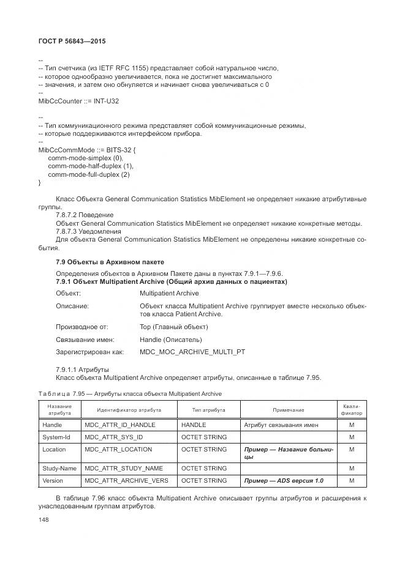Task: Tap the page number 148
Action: pos(44,519)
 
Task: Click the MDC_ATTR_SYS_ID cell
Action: pos(114,437)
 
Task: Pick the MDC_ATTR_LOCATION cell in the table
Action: pos(118,449)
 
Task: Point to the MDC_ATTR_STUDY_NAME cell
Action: pos(124,468)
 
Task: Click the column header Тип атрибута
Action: pos(208,410)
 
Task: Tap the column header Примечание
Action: pos(288,410)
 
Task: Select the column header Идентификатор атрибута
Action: pos(129,410)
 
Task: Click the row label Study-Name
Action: pos(59,468)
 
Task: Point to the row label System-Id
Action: pos(56,437)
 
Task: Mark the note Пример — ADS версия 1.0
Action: pos(283,480)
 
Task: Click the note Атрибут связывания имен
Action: pos(281,425)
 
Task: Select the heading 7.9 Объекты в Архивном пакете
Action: pos(110,262)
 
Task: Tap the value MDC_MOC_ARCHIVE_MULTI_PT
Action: pos(192,352)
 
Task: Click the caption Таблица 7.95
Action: pos(129,393)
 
